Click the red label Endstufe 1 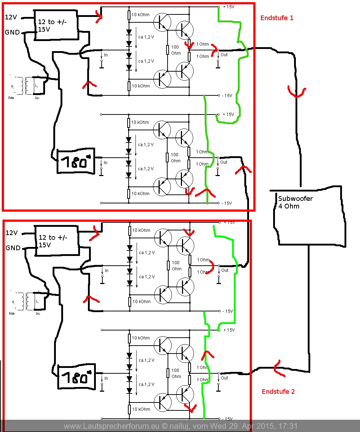pyautogui.click(x=276, y=18)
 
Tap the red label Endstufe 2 pyautogui.click(x=278, y=391)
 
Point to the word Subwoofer pyautogui.click(x=295, y=198)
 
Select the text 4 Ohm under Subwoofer pyautogui.click(x=289, y=206)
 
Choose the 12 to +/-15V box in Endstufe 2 pyautogui.click(x=56, y=241)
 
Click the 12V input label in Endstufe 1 pyautogui.click(x=11, y=17)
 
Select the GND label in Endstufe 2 pyautogui.click(x=13, y=248)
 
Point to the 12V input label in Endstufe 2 pyautogui.click(x=12, y=233)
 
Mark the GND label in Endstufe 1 pyautogui.click(x=12, y=32)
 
